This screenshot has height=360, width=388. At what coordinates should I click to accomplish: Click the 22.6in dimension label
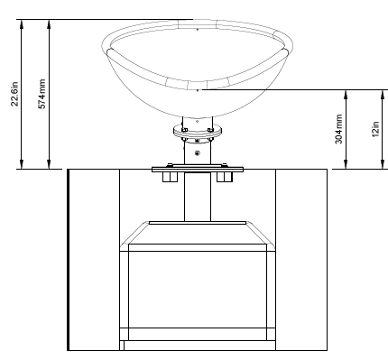point(14,94)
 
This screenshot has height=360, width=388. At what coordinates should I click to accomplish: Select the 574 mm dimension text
point(42,94)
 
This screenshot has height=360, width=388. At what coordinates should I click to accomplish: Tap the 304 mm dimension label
point(338,129)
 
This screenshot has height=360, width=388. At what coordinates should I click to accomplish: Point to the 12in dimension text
point(375,129)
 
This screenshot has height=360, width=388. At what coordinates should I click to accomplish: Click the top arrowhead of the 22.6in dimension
point(22,23)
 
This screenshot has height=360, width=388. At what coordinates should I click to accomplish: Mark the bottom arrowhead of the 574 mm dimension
point(49,164)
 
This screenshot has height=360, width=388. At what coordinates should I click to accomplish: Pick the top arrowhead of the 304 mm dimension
point(346,94)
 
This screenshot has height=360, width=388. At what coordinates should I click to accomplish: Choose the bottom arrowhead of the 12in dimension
point(383,164)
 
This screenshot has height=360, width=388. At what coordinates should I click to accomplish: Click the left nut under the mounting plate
point(170,177)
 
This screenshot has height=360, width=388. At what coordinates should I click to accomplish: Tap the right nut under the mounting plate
point(225,177)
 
